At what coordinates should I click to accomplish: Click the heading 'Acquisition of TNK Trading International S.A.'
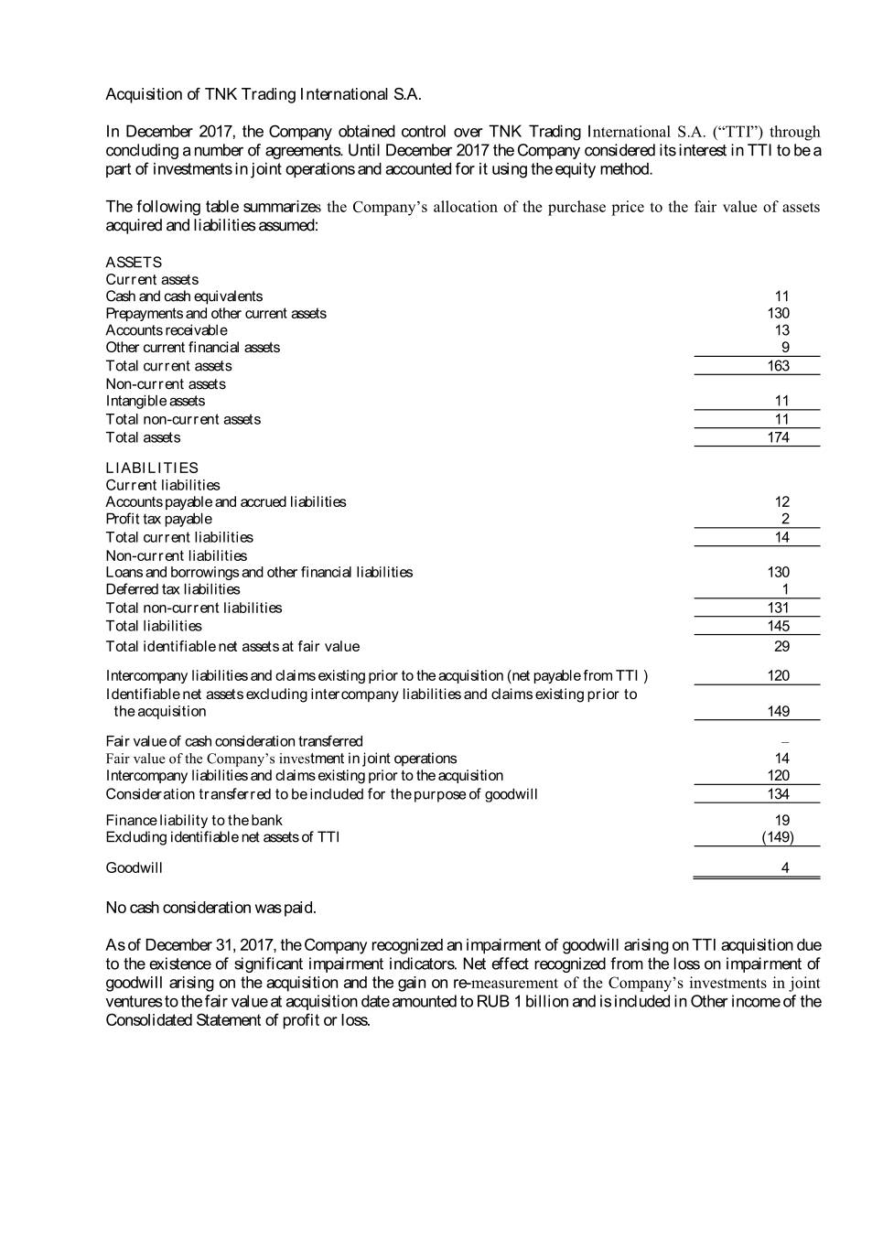[264, 94]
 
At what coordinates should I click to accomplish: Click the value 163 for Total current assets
[778, 365]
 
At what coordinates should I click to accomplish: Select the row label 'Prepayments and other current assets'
[216, 313]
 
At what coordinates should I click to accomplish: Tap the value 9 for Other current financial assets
[785, 347]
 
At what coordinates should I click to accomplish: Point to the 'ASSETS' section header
[134, 262]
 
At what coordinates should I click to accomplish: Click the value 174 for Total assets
[778, 437]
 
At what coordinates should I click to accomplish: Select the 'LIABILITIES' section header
[152, 468]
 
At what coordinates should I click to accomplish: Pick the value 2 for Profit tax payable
[785, 519]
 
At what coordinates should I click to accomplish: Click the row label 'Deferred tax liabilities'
[173, 589]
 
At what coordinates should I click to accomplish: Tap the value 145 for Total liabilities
[778, 626]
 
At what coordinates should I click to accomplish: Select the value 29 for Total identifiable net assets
[781, 646]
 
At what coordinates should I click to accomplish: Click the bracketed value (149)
[778, 837]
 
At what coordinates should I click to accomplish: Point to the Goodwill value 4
[785, 867]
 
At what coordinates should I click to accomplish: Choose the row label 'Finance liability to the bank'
[194, 820]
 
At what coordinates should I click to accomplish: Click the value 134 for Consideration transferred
[778, 793]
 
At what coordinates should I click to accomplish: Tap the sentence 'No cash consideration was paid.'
[211, 908]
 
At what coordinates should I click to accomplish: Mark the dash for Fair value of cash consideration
[785, 741]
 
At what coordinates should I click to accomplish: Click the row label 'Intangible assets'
[156, 401]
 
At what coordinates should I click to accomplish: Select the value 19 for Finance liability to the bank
[781, 820]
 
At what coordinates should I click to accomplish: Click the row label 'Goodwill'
[135, 867]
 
